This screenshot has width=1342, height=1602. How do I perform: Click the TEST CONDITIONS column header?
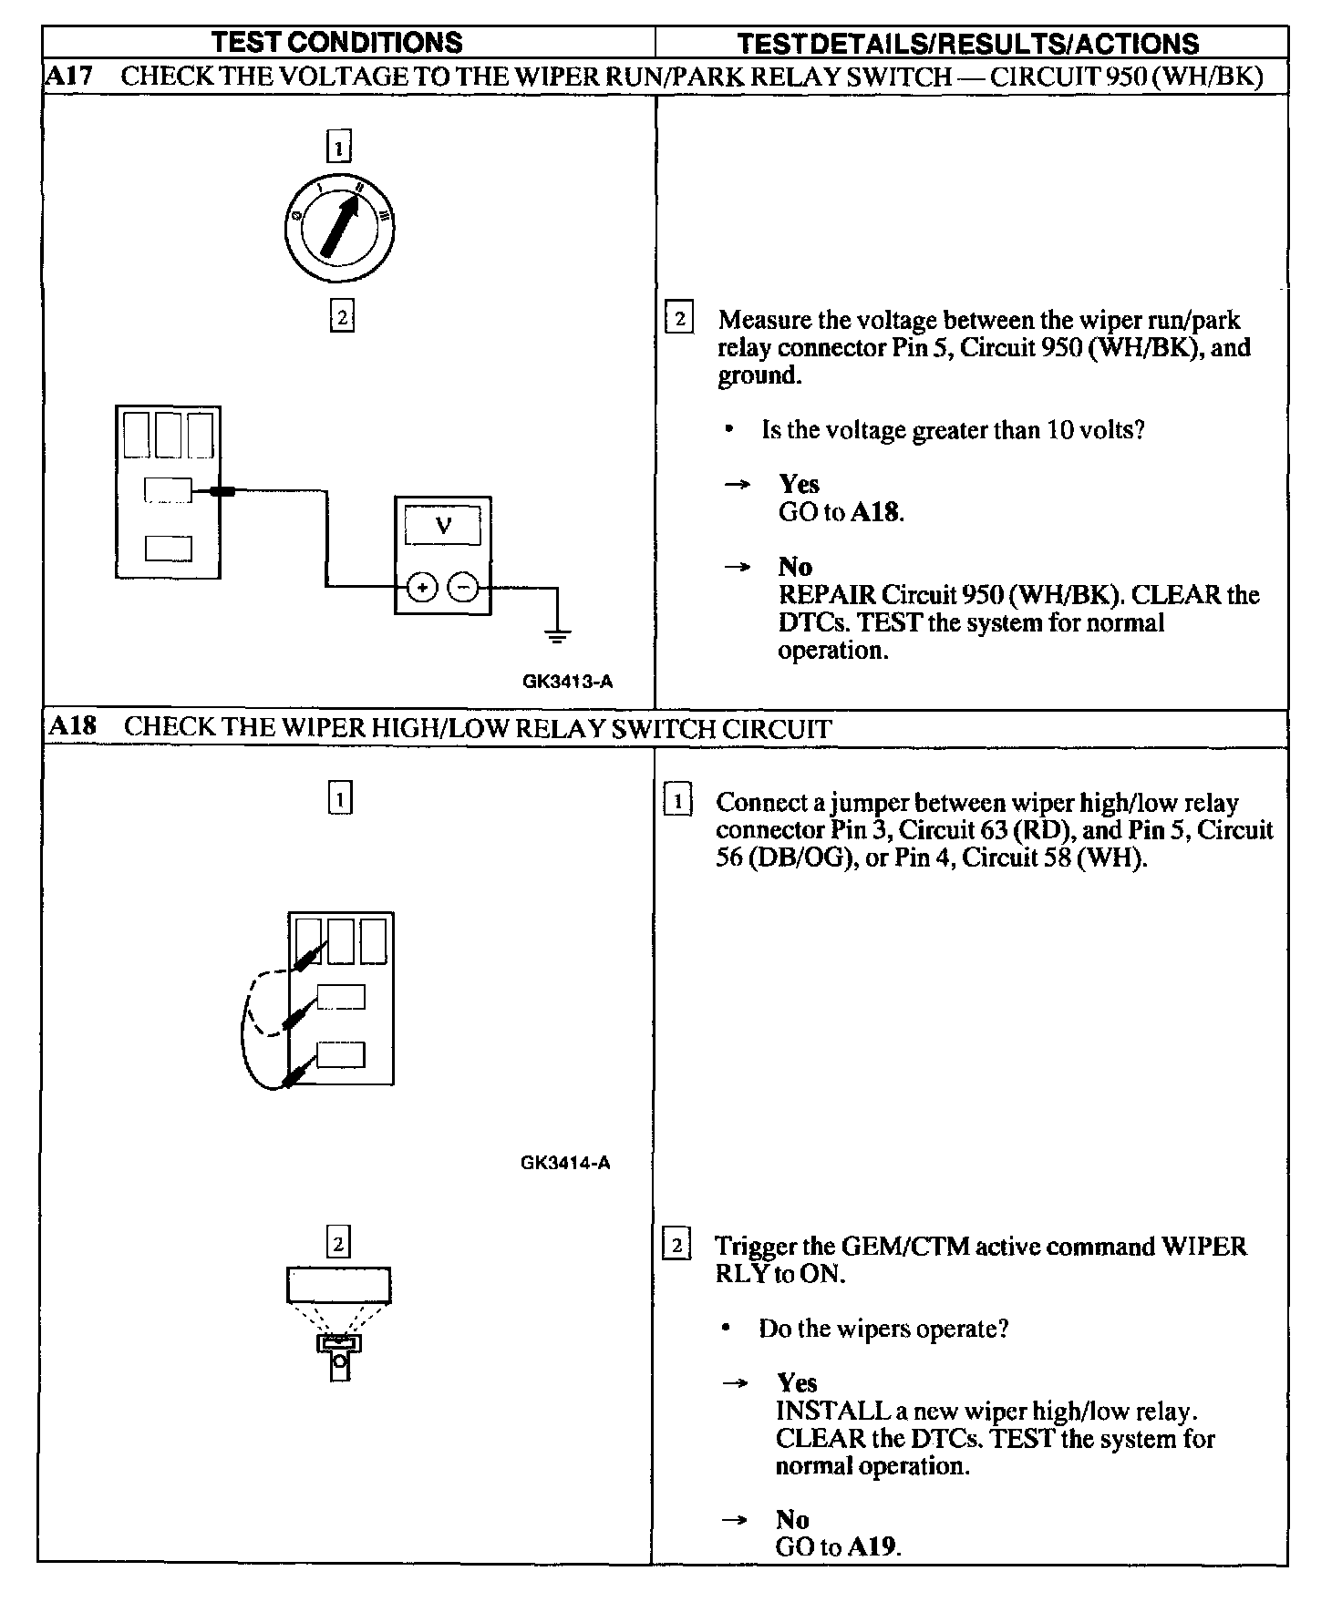tap(337, 42)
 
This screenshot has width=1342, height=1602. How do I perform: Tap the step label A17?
tap(69, 76)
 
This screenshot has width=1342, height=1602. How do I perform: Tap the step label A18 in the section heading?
tap(72, 726)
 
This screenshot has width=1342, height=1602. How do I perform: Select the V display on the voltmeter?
tap(443, 526)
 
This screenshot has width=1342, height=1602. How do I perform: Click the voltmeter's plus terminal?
tap(421, 588)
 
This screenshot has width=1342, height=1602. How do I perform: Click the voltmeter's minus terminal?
tap(465, 588)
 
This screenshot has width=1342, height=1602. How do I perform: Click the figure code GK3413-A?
tap(567, 682)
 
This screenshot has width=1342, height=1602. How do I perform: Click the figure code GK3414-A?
tap(565, 1163)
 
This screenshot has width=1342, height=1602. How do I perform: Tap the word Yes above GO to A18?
tap(799, 484)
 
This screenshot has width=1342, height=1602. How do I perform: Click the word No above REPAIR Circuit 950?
tap(795, 567)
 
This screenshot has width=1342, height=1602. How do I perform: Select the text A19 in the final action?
tap(873, 1546)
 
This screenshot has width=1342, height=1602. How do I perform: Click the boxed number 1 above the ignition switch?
tap(338, 147)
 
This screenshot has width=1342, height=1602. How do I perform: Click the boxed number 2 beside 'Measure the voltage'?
tap(679, 318)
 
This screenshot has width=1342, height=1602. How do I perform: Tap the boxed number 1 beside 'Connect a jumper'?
tap(677, 801)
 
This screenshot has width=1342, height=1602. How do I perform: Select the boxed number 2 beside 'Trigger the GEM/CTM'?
tap(676, 1245)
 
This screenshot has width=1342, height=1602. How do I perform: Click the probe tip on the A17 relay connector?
tap(222, 491)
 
